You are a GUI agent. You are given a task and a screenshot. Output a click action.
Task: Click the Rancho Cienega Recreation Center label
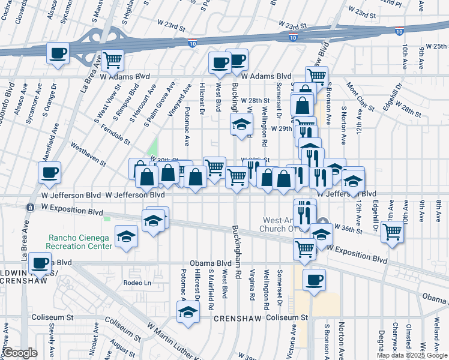(80, 241)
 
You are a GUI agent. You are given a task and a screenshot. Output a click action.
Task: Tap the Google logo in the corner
(20, 353)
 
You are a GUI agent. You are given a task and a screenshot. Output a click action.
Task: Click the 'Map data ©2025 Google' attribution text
(412, 355)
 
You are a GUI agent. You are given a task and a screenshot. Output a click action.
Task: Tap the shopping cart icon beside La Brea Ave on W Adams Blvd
(112, 60)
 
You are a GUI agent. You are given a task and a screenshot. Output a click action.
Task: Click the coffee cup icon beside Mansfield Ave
(50, 173)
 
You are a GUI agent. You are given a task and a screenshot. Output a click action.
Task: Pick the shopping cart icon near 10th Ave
(392, 230)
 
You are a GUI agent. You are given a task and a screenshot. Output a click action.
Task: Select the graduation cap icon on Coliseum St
(188, 312)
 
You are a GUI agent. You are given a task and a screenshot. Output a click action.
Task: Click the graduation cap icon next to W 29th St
(241, 125)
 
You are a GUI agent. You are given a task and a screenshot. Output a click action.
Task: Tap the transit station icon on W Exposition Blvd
(29, 207)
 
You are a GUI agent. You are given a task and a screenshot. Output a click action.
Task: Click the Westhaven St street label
(88, 154)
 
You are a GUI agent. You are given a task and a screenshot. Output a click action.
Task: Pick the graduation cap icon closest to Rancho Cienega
(126, 237)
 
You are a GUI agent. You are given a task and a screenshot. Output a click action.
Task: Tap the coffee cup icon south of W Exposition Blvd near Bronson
(314, 280)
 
